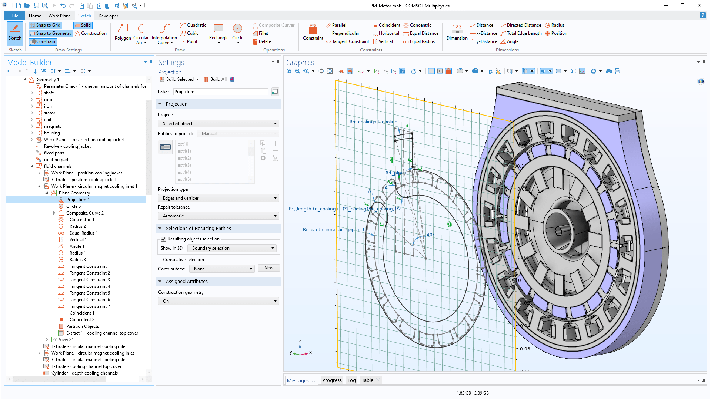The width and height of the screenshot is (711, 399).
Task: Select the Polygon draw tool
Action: (123, 32)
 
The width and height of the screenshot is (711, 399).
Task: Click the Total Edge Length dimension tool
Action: (521, 33)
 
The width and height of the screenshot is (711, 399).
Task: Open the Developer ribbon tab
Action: (108, 16)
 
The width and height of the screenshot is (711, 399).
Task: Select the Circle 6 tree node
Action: (73, 206)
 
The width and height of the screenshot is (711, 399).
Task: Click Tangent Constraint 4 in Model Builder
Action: (90, 286)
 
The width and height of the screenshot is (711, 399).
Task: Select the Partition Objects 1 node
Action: (84, 326)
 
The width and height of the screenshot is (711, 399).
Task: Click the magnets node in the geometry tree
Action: (53, 126)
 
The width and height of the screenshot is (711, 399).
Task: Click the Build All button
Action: (218, 79)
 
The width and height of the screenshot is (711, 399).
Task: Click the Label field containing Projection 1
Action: (220, 92)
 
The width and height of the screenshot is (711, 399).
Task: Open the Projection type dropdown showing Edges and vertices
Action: (218, 198)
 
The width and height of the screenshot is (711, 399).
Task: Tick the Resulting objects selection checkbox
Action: (163, 239)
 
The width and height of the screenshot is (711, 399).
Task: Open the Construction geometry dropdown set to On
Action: (218, 301)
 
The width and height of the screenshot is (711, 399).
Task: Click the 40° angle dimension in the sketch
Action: (430, 235)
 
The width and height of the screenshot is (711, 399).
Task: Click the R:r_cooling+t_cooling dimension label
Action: (373, 122)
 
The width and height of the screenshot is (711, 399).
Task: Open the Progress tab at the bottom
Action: (332, 380)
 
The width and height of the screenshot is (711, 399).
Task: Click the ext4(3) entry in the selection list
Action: (184, 165)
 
